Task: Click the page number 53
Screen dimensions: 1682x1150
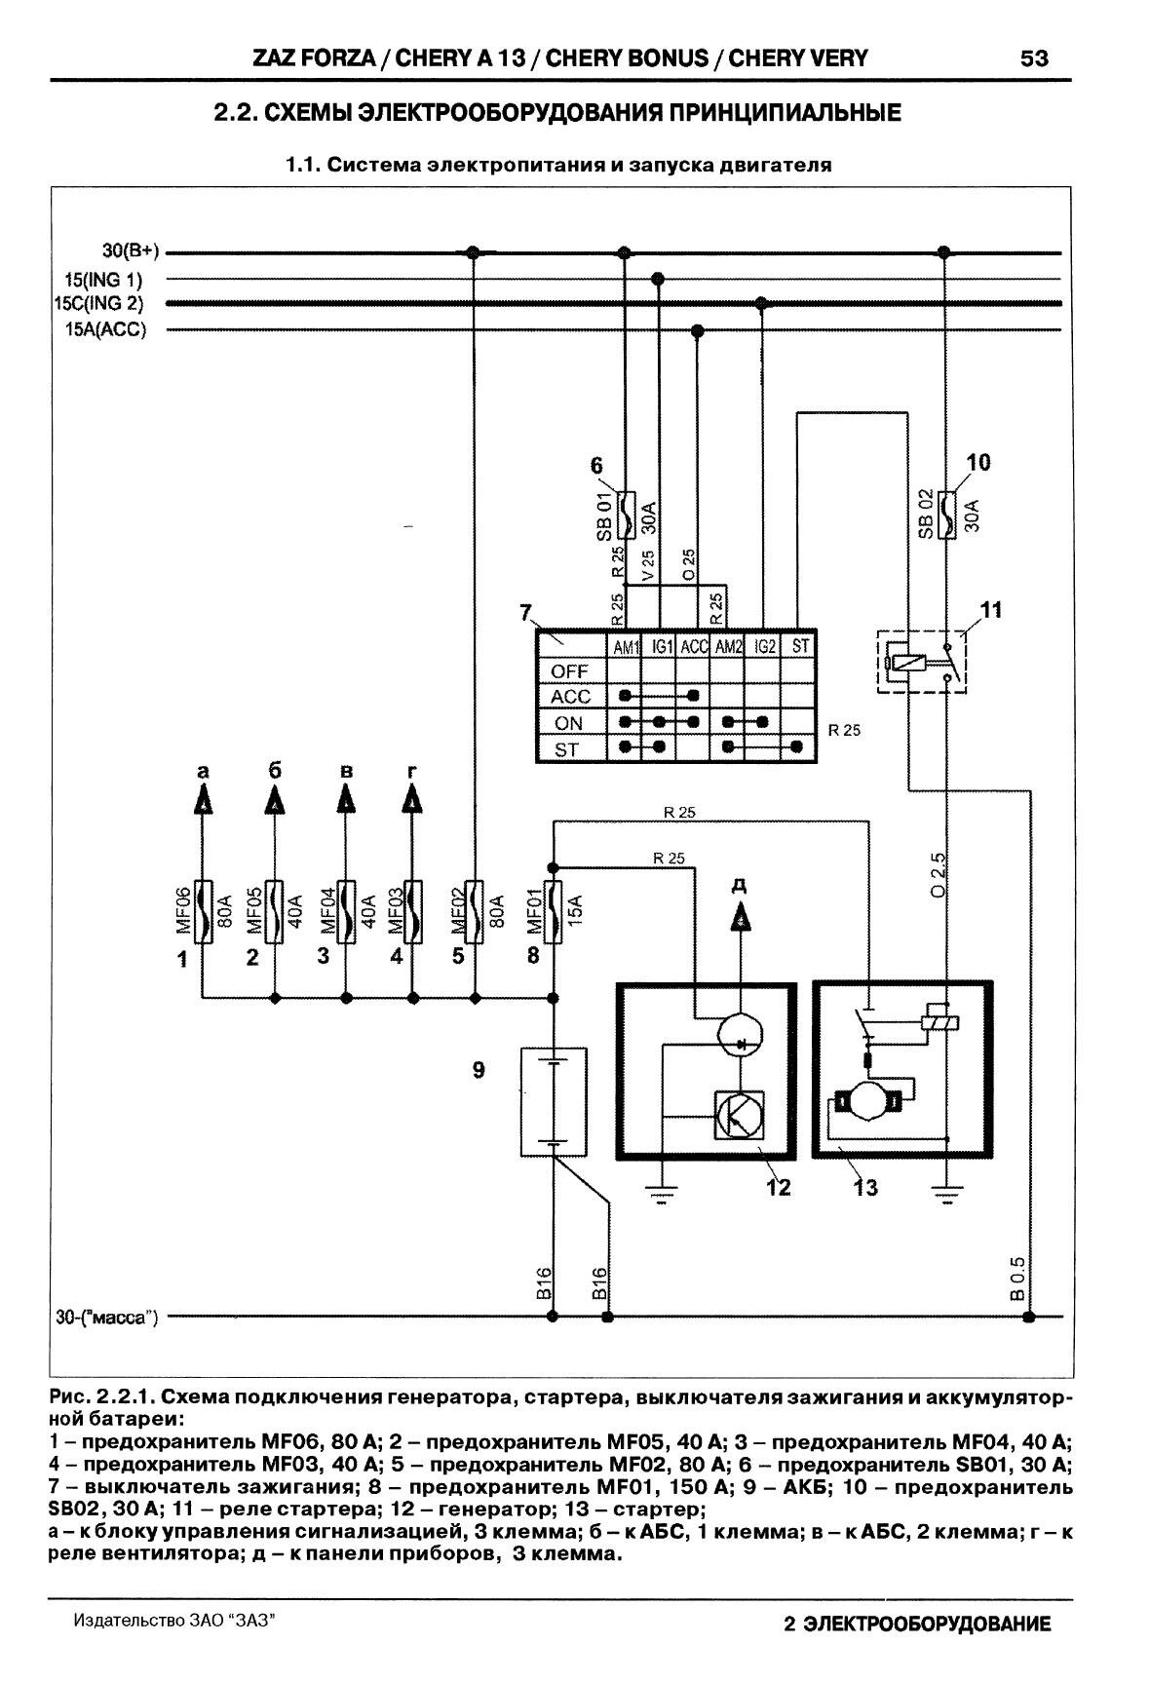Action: coord(1034,58)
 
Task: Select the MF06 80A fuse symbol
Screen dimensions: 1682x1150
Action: coord(202,911)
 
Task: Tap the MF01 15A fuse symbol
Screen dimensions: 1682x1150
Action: coord(553,911)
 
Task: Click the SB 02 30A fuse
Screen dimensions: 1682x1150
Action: coord(942,514)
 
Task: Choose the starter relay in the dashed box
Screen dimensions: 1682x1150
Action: coord(922,663)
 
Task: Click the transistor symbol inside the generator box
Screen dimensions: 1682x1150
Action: coord(739,1116)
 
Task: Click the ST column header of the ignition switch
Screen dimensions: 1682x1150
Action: coord(799,645)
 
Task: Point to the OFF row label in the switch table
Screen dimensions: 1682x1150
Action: coord(570,671)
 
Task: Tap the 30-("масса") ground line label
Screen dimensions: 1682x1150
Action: coord(107,1318)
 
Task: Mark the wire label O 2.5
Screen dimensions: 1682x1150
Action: coord(939,874)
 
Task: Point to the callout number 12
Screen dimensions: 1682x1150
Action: coord(778,1187)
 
